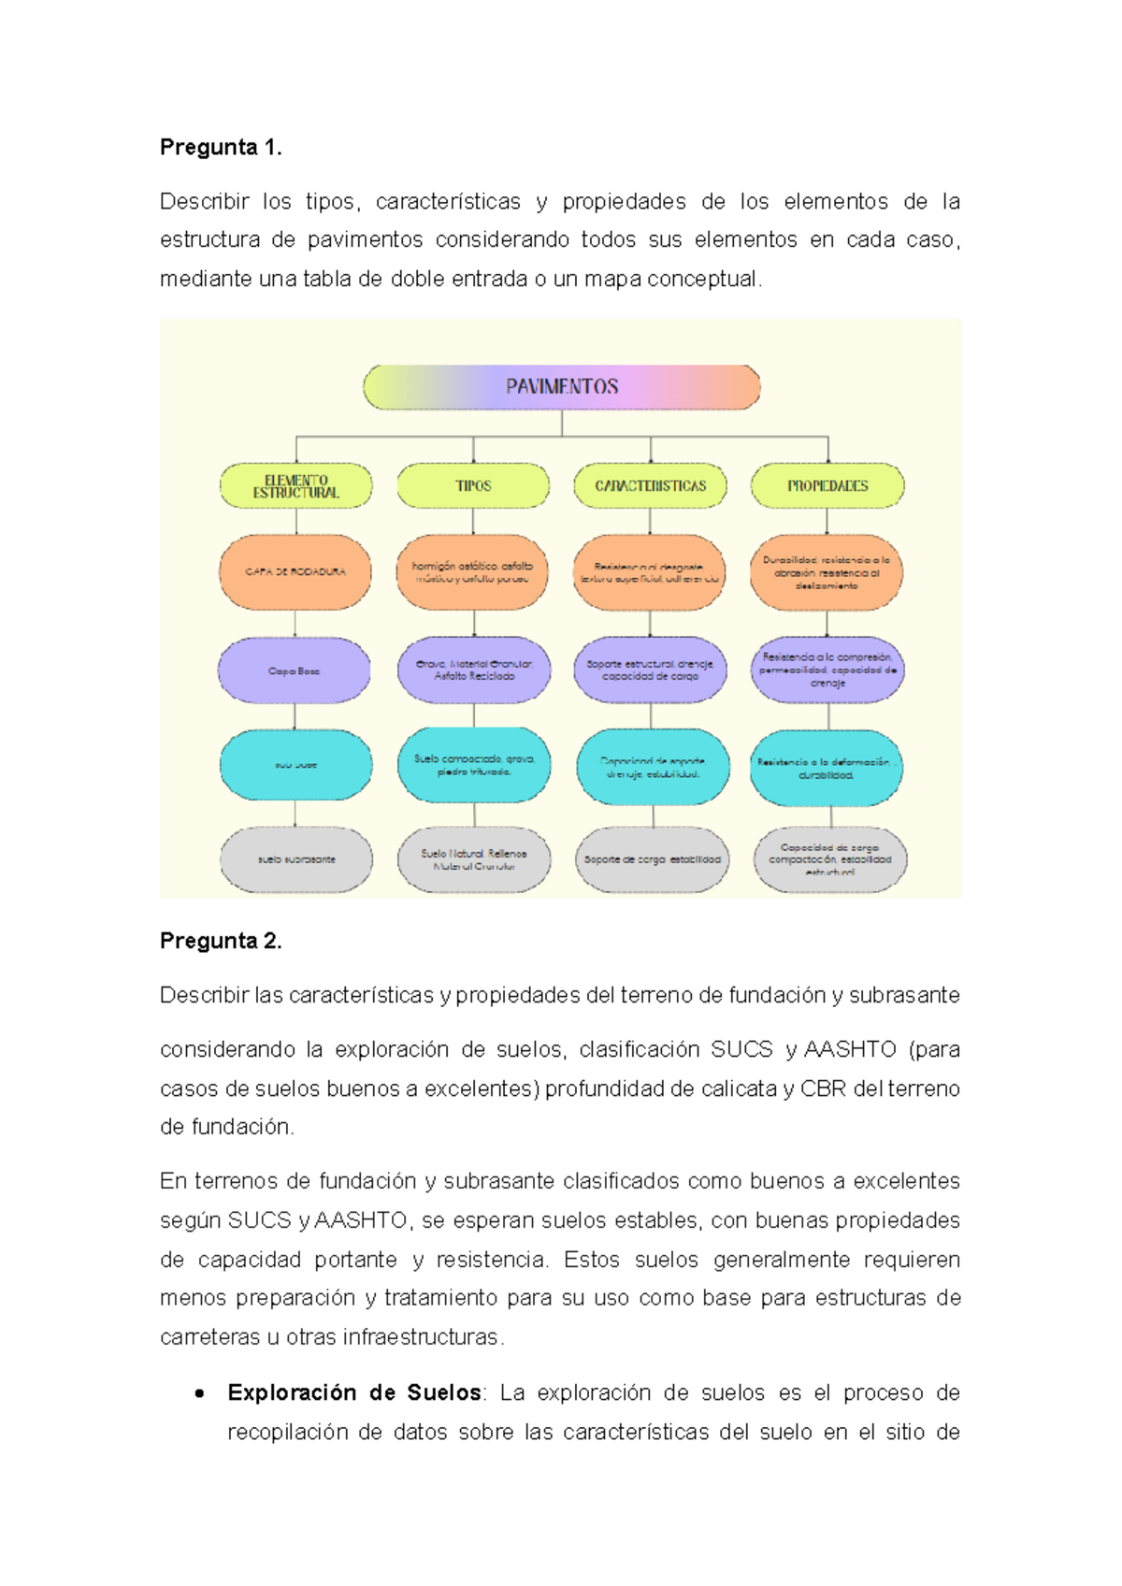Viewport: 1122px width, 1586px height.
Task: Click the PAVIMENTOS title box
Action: click(561, 387)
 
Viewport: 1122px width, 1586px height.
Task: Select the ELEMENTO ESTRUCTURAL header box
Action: click(295, 486)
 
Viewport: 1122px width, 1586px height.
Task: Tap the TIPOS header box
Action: click(473, 486)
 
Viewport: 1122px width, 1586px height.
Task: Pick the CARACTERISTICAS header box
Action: click(650, 486)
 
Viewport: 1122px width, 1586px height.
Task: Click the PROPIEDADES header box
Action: click(827, 486)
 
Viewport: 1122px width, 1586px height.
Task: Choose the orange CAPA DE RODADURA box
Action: click(295, 571)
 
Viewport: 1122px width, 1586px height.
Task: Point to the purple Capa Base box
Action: click(295, 670)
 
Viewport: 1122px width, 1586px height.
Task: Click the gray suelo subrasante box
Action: click(296, 859)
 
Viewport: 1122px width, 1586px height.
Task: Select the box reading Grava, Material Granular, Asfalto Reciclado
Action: click(474, 670)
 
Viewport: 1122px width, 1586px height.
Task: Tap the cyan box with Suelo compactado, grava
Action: click(474, 765)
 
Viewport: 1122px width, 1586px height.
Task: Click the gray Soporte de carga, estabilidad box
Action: click(652, 859)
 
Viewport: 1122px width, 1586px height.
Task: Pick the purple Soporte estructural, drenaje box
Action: click(650, 670)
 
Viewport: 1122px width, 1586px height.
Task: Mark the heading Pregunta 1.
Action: click(221, 148)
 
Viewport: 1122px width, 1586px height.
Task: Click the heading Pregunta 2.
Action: click(221, 941)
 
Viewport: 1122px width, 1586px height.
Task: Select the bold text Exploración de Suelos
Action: click(353, 1392)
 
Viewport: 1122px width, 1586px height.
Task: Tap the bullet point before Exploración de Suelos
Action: click(199, 1393)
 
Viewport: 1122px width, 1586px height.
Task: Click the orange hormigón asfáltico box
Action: click(473, 571)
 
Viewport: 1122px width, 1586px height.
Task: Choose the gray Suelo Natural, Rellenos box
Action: click(474, 859)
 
